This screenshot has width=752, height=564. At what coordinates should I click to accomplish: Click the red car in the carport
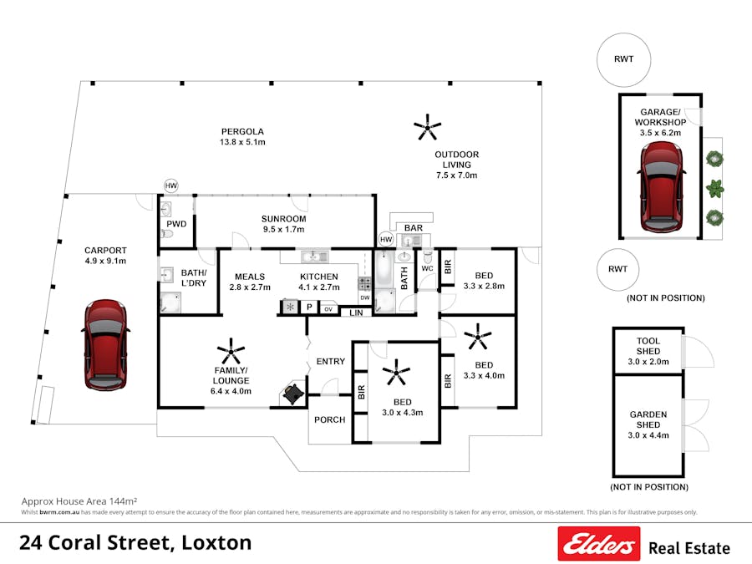[106, 343]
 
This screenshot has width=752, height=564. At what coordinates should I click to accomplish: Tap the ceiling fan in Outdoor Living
[428, 127]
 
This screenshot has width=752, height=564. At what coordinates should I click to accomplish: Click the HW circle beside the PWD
[171, 185]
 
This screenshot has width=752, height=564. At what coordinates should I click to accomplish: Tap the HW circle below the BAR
[385, 240]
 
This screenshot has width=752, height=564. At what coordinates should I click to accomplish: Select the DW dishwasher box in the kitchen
[364, 298]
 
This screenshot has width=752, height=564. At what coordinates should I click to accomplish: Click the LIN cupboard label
[356, 312]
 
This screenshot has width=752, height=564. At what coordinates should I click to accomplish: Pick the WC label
[427, 268]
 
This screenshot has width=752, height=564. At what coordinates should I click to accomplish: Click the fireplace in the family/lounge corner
[292, 393]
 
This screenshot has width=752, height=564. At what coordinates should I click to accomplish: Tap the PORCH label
[330, 419]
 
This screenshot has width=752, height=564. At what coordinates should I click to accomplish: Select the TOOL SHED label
[648, 346]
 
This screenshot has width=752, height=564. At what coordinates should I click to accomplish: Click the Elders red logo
[598, 544]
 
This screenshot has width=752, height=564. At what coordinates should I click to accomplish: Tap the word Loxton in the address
[215, 542]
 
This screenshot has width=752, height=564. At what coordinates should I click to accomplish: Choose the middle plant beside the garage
[714, 187]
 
